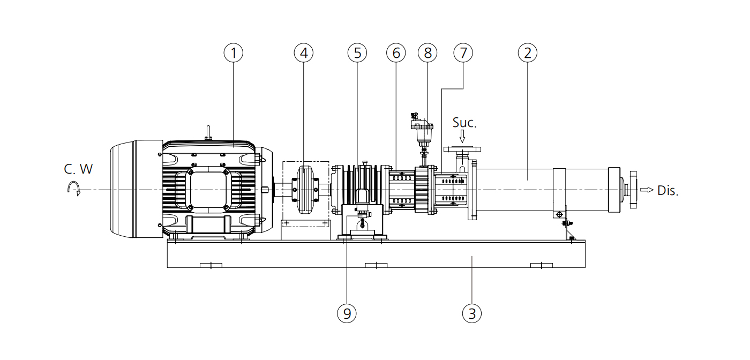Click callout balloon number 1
[x=234, y=52]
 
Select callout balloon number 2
[x=528, y=52]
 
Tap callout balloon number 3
[x=471, y=313]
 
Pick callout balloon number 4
[x=304, y=52]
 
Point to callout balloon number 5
[x=357, y=52]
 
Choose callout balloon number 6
[x=396, y=52]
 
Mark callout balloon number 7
[x=463, y=52]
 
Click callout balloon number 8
[x=427, y=52]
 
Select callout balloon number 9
[x=347, y=313]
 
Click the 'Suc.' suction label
[x=464, y=123]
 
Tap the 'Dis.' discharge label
[x=668, y=191]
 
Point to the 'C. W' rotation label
[x=78, y=169]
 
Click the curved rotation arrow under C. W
[x=73, y=188]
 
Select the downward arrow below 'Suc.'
[x=462, y=138]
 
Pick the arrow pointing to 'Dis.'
[x=647, y=190]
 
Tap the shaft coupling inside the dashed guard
[x=304, y=190]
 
